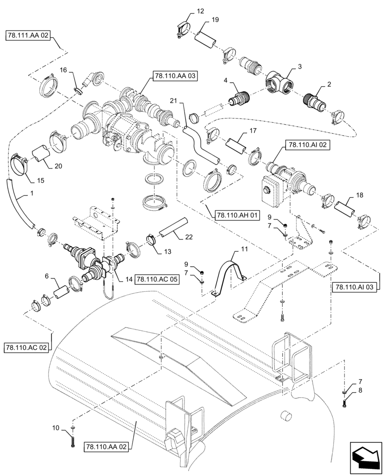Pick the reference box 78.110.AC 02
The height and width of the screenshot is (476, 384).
28,347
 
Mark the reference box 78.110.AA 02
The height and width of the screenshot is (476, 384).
107,446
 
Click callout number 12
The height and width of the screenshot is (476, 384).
186,10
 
